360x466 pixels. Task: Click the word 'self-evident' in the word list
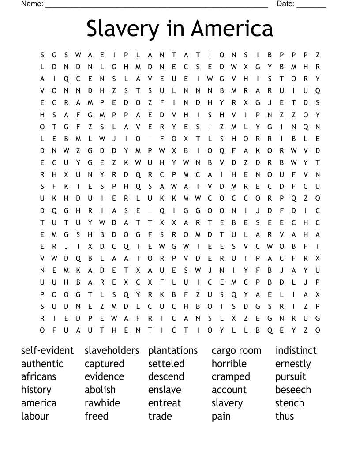(47, 351)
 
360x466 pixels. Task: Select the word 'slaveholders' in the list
(112, 351)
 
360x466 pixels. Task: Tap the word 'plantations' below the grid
(173, 351)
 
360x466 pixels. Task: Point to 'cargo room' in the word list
(236, 351)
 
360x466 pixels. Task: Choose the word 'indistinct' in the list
(296, 351)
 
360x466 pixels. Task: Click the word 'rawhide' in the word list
(102, 403)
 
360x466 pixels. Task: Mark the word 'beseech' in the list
(293, 390)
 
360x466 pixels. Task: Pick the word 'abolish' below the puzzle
(100, 390)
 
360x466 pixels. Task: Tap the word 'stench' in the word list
(289, 403)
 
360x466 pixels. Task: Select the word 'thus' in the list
(285, 416)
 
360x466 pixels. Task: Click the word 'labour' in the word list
(35, 416)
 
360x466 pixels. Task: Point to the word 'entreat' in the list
(165, 403)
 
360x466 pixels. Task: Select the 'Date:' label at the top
(285, 4)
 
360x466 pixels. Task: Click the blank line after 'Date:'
(311, 6)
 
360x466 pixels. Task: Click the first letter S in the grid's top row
(43, 55)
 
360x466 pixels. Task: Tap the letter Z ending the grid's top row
(318, 55)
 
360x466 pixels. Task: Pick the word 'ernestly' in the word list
(293, 364)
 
